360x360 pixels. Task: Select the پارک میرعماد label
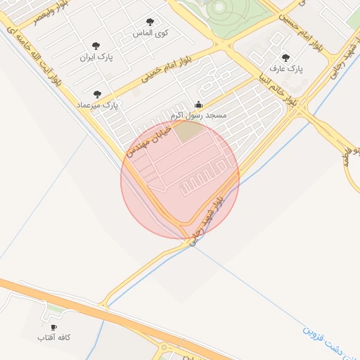pyautogui.click(x=102, y=105)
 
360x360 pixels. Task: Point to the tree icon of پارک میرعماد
pyautogui.click(x=97, y=94)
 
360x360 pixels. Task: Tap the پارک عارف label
pyautogui.click(x=285, y=70)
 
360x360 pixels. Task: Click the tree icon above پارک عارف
pyautogui.click(x=285, y=58)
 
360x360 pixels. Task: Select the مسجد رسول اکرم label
pyautogui.click(x=197, y=114)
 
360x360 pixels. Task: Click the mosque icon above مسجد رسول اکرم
pyautogui.click(x=198, y=103)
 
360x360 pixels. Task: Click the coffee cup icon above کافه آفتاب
pyautogui.click(x=54, y=328)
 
